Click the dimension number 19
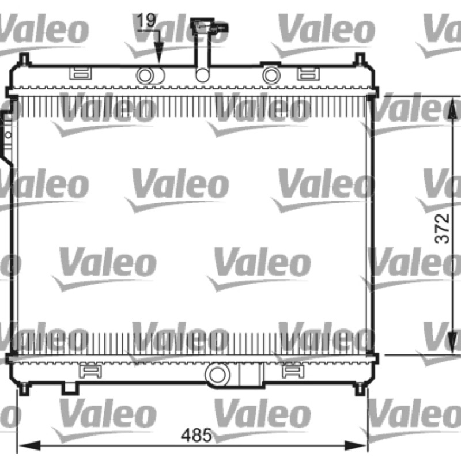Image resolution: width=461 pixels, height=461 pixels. [x=146, y=20]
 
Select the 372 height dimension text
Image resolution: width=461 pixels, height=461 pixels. [x=442, y=228]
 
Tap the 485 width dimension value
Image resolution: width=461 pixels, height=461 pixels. [x=197, y=435]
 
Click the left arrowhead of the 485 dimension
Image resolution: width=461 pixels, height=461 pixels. [x=29, y=445]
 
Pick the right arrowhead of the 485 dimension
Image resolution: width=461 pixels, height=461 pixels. [x=356, y=445]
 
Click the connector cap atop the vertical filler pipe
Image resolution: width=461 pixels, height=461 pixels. [x=209, y=27]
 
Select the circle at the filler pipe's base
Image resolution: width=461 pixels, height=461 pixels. [x=203, y=75]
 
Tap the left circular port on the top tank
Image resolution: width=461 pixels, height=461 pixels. [x=145, y=75]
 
